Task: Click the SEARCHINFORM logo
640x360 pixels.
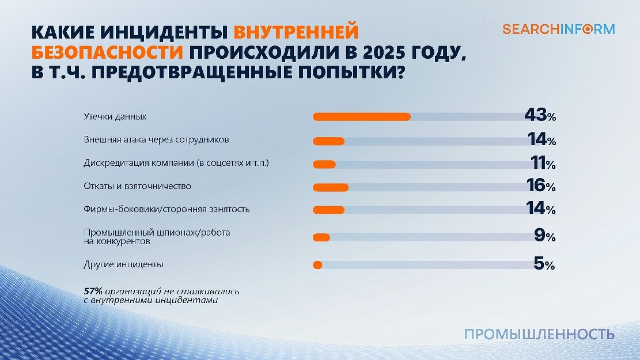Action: (x=558, y=29)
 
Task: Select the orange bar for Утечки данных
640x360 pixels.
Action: (x=361, y=117)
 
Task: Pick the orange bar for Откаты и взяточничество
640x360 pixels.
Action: (x=331, y=187)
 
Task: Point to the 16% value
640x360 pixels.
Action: (x=540, y=185)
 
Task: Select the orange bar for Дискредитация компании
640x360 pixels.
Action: (x=324, y=164)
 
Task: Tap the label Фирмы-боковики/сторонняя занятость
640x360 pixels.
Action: (x=166, y=209)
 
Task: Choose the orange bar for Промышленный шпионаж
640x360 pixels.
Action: (x=321, y=237)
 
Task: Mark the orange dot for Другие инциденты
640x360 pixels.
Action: (x=317, y=265)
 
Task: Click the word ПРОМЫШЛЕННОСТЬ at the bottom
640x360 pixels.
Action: (x=539, y=334)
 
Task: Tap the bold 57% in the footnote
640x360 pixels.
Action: (x=93, y=291)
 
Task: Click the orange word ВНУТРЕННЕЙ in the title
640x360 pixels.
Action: (x=296, y=31)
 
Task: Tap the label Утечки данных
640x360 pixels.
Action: (x=115, y=116)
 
